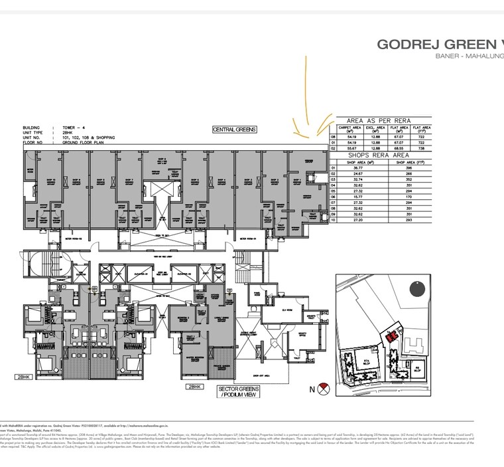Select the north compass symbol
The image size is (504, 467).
tap(324, 389)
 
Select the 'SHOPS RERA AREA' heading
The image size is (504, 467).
tap(380, 153)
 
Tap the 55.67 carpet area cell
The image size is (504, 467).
tap(349, 148)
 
